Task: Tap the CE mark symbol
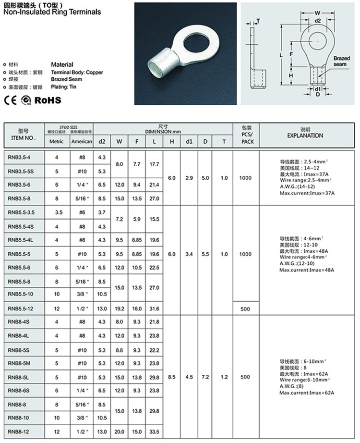point(10,100)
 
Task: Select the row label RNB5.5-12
point(22,308)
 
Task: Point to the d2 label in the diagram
point(318,21)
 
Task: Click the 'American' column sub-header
point(81,141)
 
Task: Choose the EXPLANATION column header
point(305,135)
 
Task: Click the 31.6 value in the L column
point(154,308)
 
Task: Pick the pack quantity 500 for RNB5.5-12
point(245,308)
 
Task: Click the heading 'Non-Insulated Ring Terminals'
point(52,12)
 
